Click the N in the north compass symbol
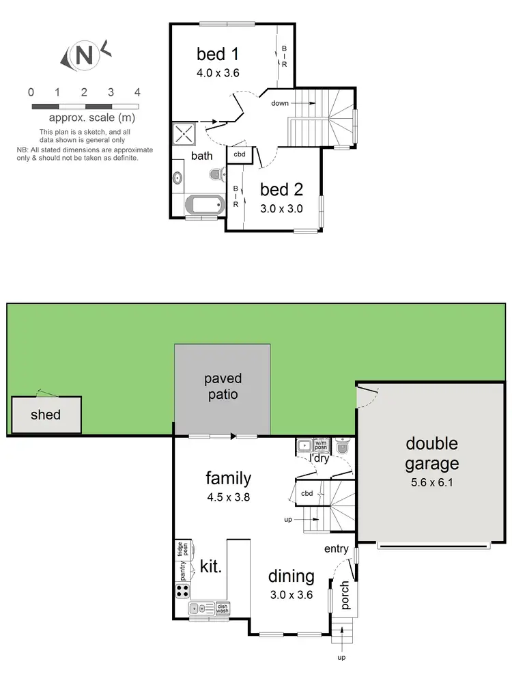(x=84, y=55)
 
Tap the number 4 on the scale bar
(x=137, y=92)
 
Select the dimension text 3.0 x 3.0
(x=281, y=209)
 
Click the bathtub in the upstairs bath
(x=203, y=205)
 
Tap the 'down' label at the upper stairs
(x=280, y=103)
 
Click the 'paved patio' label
(x=223, y=387)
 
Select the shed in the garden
(x=46, y=415)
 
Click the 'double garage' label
(x=431, y=454)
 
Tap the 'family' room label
(x=229, y=478)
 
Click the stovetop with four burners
(x=183, y=591)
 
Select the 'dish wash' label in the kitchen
(x=223, y=607)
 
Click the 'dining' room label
(x=291, y=576)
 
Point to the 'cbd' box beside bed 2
(x=240, y=154)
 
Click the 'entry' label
(x=337, y=548)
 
